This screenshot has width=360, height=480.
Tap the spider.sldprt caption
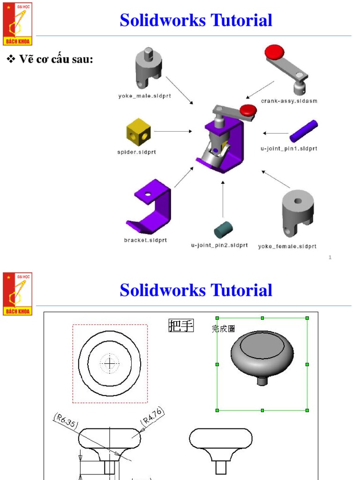137,152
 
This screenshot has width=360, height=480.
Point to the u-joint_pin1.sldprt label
289,149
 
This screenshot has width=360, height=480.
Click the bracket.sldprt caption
145,240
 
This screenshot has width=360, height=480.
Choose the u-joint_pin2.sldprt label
219,245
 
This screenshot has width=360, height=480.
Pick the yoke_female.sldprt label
287,246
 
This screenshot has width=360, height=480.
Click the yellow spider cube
139,132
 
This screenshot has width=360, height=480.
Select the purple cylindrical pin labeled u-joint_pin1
303,131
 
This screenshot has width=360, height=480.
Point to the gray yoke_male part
148,68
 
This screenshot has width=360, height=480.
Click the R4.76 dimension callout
152,417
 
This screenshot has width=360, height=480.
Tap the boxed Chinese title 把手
180,326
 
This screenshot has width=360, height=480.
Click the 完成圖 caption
224,329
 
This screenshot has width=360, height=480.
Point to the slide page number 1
330,257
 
